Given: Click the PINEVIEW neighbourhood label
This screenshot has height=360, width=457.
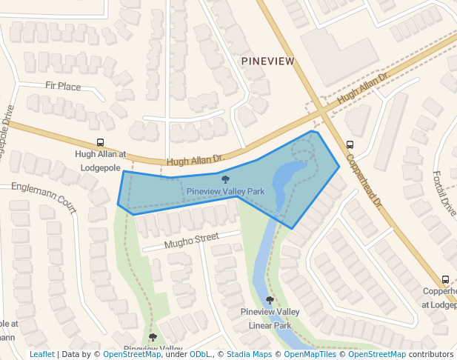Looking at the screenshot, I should tap(267, 61).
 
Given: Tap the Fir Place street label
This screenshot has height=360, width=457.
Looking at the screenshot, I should tap(63, 87).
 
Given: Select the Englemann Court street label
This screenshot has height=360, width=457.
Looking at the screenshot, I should tap(44, 200).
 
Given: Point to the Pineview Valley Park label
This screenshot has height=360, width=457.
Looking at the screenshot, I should tap(225, 191).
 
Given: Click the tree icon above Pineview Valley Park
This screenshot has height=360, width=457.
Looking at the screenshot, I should tap(225, 179).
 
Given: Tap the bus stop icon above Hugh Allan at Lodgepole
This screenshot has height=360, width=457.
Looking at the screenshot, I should tap(100, 143).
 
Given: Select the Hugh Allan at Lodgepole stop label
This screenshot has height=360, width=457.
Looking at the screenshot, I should tap(101, 161).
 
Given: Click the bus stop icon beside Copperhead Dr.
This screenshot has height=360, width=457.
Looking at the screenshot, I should tap(350, 144).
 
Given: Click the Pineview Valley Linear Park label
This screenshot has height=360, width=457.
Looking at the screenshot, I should tap(270, 319).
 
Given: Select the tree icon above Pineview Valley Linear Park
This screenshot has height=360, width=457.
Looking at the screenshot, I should tap(270, 300).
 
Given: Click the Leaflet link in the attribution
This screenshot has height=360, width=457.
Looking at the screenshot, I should tap(42, 354).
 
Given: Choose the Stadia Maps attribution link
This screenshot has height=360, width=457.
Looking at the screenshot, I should tap(249, 354).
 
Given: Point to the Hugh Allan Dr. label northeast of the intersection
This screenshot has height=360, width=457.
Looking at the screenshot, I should tap(363, 88).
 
